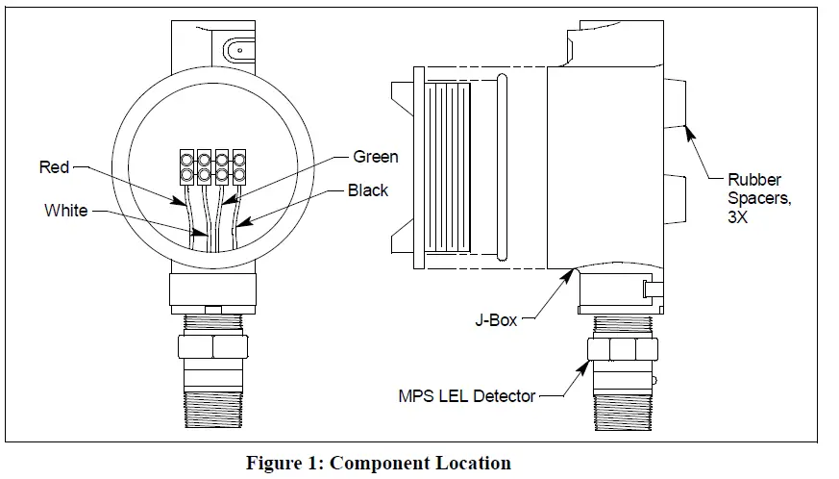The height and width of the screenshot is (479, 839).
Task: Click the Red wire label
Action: point(55,167)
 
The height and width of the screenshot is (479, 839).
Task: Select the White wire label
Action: point(65,211)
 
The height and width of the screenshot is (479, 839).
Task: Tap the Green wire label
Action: point(375,157)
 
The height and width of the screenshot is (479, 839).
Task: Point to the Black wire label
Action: point(367,190)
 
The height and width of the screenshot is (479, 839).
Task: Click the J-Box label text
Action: point(497,319)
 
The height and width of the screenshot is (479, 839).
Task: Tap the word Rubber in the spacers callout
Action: point(754,180)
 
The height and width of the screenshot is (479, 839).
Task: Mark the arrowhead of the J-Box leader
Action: point(576,272)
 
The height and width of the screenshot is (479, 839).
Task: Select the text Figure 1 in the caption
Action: point(282,464)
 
